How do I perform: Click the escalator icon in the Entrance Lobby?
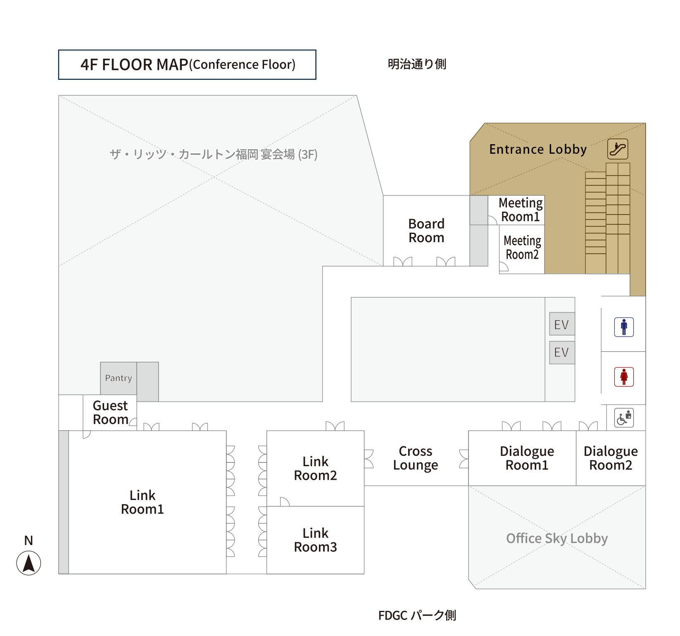618,149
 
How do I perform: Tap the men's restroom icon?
624,327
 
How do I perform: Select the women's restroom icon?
624,377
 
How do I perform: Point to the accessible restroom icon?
624,418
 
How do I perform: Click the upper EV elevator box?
562,324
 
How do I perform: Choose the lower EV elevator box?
562,353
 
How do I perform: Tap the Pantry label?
119,378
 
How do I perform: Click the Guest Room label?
110,412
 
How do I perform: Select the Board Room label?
426,231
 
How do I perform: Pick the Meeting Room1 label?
521,210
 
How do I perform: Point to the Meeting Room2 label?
522,248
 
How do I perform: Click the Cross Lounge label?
416,458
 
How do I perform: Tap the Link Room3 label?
316,540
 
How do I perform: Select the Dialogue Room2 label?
611,458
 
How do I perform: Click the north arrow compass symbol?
29,563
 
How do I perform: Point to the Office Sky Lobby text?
557,538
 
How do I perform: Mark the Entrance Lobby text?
538,149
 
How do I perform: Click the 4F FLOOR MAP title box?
187,64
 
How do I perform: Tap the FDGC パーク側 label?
417,615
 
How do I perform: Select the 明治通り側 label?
417,64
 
